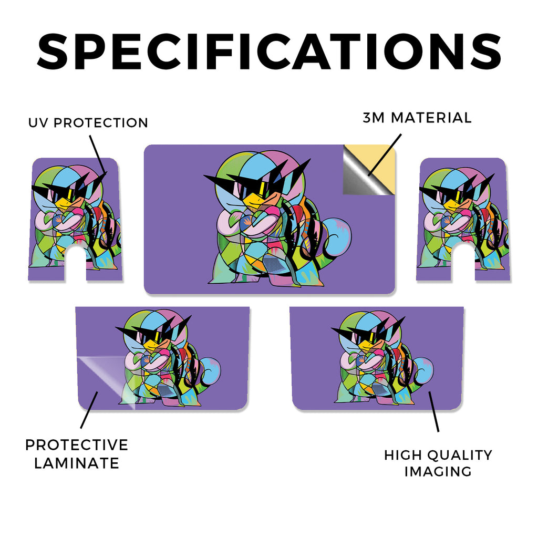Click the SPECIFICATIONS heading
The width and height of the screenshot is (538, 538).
click(x=269, y=51)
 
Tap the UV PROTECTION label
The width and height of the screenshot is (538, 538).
click(x=88, y=123)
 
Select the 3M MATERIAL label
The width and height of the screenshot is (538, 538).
click(x=417, y=118)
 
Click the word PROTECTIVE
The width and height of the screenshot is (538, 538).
click(x=77, y=445)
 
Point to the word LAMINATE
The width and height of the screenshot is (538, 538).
click(x=77, y=463)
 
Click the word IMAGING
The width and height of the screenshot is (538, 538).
click(x=438, y=471)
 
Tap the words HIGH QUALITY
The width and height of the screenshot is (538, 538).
click(x=438, y=455)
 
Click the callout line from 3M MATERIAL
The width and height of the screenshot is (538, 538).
click(x=384, y=155)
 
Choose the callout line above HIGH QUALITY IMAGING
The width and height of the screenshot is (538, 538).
click(x=433, y=411)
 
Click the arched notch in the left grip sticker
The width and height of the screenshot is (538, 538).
click(x=76, y=263)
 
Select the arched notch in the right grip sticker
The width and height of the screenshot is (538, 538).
click(x=463, y=262)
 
